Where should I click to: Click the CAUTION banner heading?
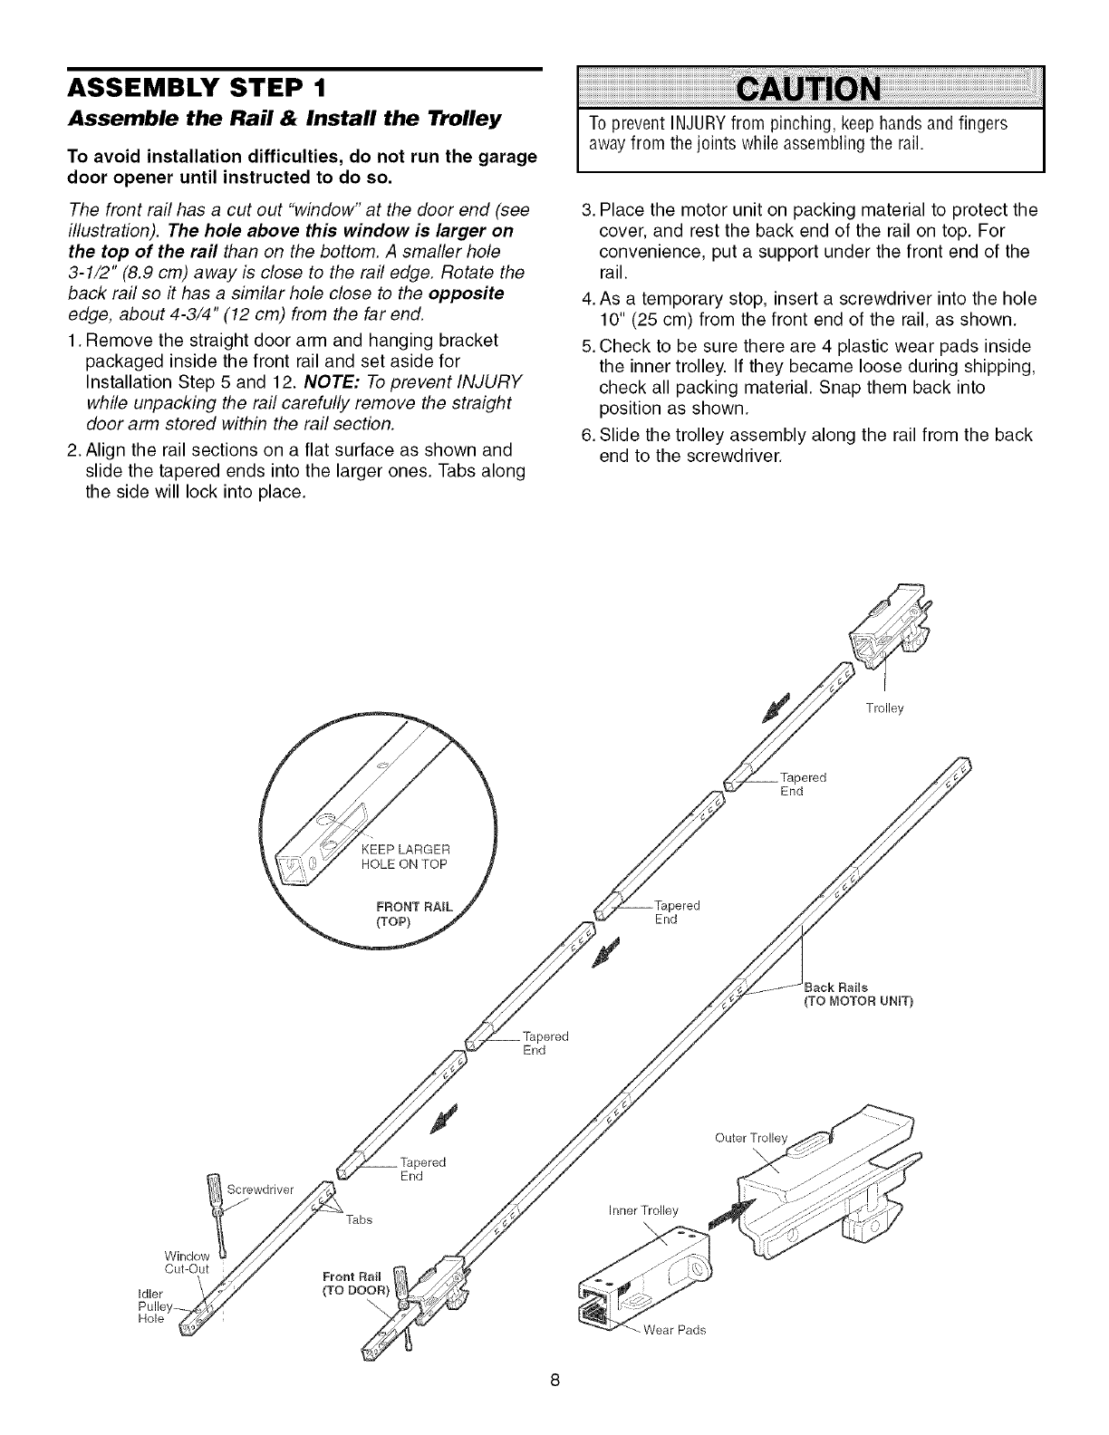click(x=811, y=90)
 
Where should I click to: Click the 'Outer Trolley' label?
click(x=751, y=1138)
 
